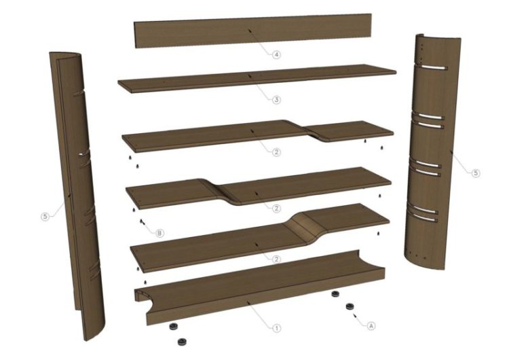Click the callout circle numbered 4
click(x=276, y=54)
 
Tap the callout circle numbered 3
click(x=276, y=99)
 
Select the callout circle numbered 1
click(x=276, y=328)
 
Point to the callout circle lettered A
click(x=371, y=325)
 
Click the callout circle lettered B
click(x=159, y=232)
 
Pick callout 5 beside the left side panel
click(x=45, y=216)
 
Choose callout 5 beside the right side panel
click(x=476, y=173)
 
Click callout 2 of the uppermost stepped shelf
click(x=276, y=151)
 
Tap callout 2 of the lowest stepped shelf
click(x=276, y=259)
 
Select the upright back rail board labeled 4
click(x=253, y=31)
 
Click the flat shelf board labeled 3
click(x=257, y=78)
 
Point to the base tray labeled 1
click(x=260, y=287)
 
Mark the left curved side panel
click(x=75, y=195)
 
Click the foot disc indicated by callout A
click(x=350, y=306)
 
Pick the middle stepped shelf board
click(x=258, y=186)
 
